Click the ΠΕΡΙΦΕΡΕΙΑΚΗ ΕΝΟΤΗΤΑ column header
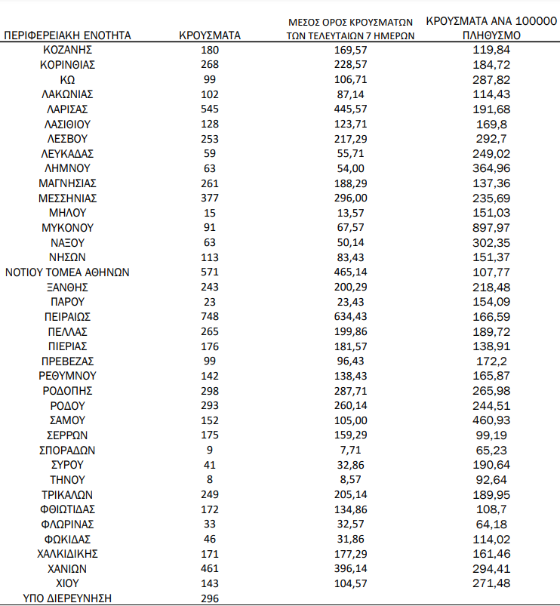[x=67, y=35]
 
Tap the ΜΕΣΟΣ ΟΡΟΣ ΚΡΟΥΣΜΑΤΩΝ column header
[x=351, y=29]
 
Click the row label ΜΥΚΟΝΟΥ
[x=67, y=227]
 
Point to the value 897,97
[x=491, y=227]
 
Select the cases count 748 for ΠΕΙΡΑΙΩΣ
[x=210, y=316]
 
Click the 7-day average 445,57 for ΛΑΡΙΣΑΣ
[x=351, y=109]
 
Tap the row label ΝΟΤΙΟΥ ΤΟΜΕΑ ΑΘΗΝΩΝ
[x=67, y=272]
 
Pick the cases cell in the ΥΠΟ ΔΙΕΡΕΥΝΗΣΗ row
[x=210, y=598]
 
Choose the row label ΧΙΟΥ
[x=67, y=583]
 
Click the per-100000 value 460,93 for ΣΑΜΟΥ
[x=491, y=420]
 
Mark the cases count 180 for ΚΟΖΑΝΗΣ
[x=210, y=50]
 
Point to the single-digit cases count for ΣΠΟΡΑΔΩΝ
[x=210, y=450]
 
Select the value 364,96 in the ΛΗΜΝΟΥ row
[x=491, y=168]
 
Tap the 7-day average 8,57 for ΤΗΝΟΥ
[x=351, y=479]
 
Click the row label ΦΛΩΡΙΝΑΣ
[x=67, y=524]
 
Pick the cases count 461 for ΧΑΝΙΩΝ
[x=210, y=568]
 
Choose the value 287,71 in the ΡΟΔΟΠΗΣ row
[x=351, y=390]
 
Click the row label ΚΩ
[x=67, y=79]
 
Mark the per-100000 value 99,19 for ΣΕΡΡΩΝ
[x=491, y=435]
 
